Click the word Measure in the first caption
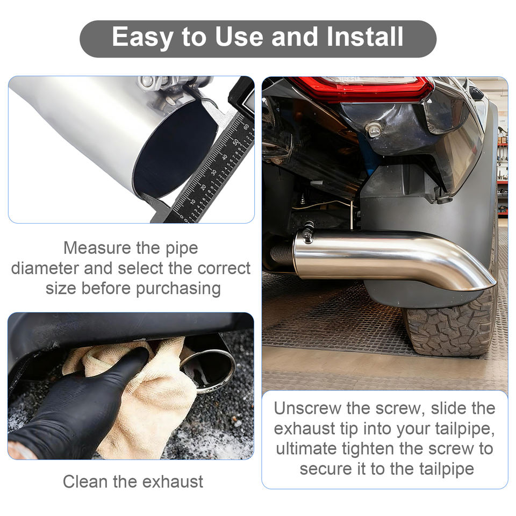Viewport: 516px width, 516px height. [x=97, y=248]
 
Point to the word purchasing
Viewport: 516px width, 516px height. [x=178, y=289]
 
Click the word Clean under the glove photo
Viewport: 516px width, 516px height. [x=85, y=482]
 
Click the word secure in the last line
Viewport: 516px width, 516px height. [x=326, y=469]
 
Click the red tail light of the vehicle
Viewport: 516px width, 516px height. [x=362, y=88]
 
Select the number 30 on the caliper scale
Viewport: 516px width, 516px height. [x=213, y=172]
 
